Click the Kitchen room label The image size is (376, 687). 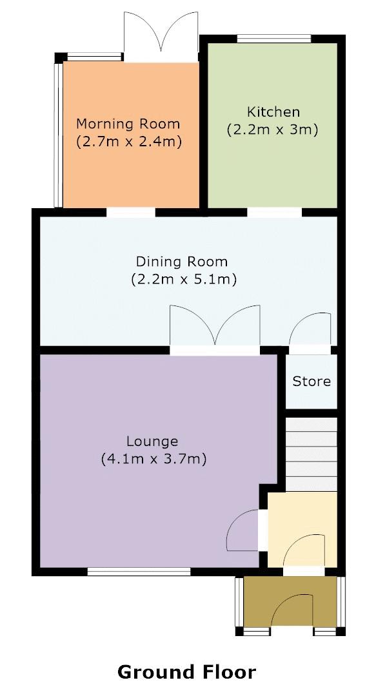pos(272,111)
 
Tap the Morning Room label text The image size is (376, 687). pos(128,123)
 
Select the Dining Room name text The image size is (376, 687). pos(181,262)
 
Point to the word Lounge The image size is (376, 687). pos(152,441)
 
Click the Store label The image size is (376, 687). pos(312,381)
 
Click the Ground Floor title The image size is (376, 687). pos(186,672)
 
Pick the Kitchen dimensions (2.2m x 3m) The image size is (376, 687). pos(272,130)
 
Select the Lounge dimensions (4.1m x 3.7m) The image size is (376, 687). pos(153,460)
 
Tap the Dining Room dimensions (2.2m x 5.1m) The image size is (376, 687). pos(183,280)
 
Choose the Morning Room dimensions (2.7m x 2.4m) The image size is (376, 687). pos(128,140)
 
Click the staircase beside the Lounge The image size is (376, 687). pos(312,454)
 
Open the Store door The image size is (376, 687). pos(312,332)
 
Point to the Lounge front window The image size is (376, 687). pos(139,571)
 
